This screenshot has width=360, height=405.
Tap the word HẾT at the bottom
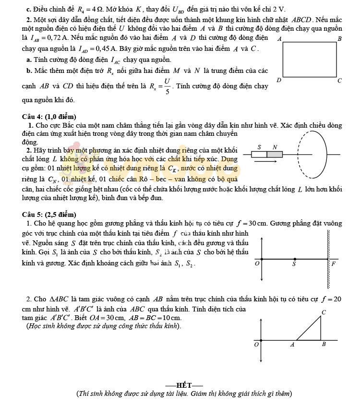tap(183, 385)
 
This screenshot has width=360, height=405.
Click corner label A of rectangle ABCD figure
tap(280, 38)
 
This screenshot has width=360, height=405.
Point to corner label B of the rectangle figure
tap(339, 38)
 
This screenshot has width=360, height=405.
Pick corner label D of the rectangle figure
tap(279, 80)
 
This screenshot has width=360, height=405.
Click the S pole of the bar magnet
tap(259, 155)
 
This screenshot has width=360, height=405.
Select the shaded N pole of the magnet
tap(275, 155)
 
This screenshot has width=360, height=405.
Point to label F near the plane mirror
tap(333, 264)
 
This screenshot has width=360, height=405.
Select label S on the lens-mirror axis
tap(294, 264)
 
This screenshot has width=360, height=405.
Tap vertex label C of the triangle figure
tap(324, 312)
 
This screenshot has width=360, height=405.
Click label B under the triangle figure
tap(324, 344)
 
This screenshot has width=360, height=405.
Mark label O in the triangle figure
tap(256, 344)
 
